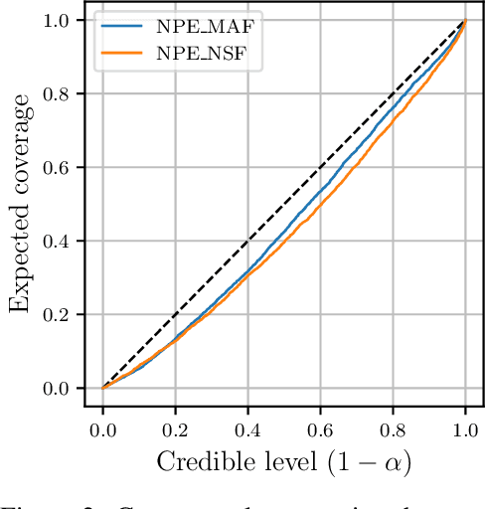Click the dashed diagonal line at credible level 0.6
pyautogui.click(x=320, y=167)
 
